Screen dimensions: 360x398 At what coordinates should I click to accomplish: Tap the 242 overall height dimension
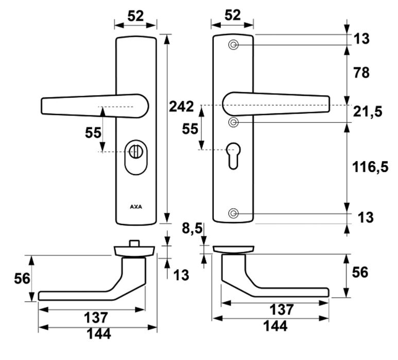(181, 107)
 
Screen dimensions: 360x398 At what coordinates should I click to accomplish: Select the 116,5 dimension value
(370, 167)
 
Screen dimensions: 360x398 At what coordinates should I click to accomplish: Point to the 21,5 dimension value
(368, 110)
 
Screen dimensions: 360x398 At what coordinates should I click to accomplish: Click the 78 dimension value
(361, 73)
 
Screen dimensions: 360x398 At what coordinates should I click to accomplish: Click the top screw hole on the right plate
(233, 45)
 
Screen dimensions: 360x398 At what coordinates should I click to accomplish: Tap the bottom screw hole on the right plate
(233, 213)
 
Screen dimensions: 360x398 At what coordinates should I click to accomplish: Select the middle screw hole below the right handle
(233, 122)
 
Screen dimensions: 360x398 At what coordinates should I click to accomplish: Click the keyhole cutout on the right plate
(233, 155)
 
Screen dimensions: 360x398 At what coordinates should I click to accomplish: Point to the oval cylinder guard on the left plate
(136, 158)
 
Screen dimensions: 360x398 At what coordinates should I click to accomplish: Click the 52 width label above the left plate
(135, 16)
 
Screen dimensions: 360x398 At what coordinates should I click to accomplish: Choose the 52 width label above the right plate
(233, 15)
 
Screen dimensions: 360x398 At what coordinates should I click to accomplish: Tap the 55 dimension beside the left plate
(93, 132)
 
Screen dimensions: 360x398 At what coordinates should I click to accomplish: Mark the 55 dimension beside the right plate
(191, 129)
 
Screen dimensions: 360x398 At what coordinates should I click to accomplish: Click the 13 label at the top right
(361, 38)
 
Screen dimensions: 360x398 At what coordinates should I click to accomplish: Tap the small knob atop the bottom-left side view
(134, 242)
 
